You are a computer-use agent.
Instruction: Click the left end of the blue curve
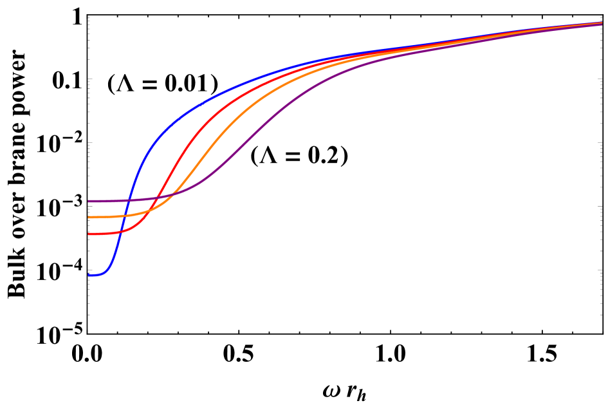pyautogui.click(x=89, y=275)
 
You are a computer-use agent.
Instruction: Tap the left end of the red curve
pyautogui.click(x=89, y=234)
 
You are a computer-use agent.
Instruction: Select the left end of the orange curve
pyautogui.click(x=89, y=217)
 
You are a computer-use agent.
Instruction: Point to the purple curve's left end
pyautogui.click(x=89, y=201)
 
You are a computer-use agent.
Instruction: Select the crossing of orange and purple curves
pyautogui.click(x=175, y=194)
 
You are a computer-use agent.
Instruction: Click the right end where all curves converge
pyautogui.click(x=600, y=23)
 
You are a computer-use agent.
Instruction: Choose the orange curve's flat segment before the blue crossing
pyautogui.click(x=106, y=217)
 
